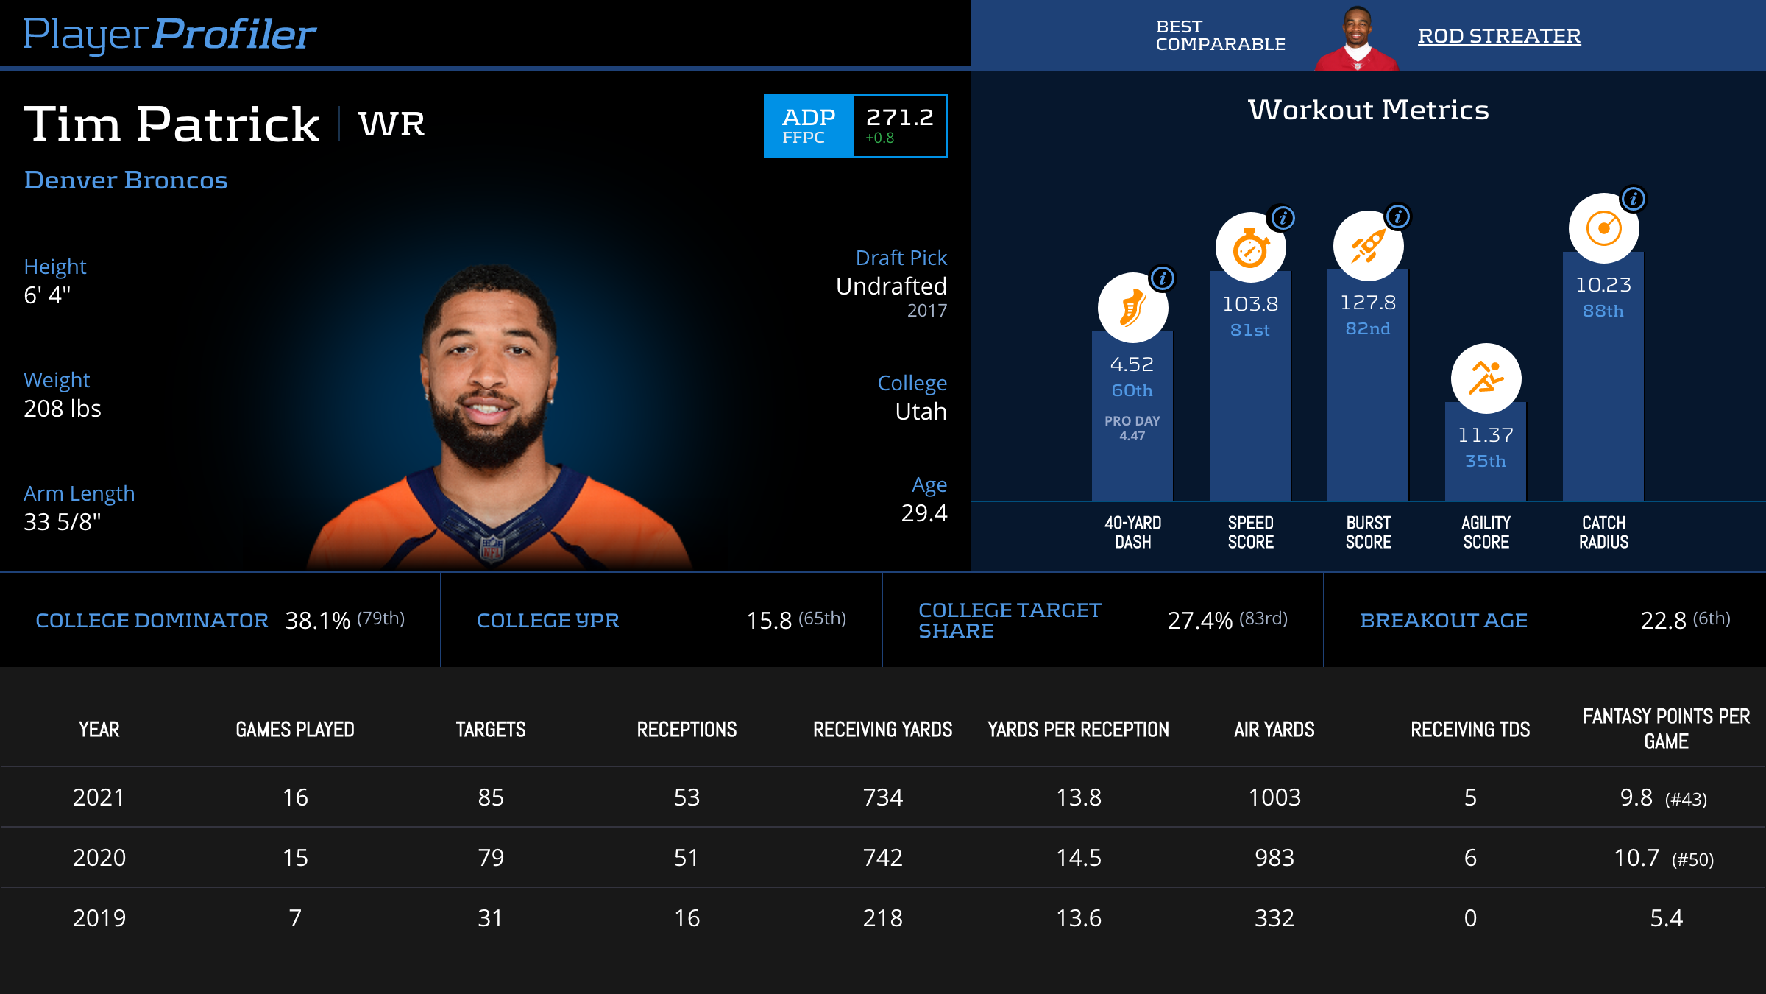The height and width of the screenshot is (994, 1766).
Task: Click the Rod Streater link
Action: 1499,36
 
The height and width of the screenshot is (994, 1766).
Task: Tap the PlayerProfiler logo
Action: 169,34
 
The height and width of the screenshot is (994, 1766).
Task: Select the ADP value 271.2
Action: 899,118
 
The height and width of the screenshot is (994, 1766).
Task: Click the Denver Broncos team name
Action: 126,180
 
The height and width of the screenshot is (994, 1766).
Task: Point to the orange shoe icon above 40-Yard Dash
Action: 1132,308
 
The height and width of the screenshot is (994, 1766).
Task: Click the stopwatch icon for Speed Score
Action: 1250,247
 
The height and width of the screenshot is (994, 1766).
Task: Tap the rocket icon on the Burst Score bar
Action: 1368,246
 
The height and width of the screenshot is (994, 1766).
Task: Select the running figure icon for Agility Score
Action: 1486,378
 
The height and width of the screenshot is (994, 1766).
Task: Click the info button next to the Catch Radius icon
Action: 1634,199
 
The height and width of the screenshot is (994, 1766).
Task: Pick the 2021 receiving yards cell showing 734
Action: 882,797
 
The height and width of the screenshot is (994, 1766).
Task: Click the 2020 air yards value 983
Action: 1274,858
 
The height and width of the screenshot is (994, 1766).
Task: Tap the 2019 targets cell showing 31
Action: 490,918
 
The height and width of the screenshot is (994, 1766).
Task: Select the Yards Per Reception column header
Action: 1078,730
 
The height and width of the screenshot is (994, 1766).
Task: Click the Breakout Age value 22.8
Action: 1663,621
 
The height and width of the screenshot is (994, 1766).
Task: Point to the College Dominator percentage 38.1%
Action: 317,621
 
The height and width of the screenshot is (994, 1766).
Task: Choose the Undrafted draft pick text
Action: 891,286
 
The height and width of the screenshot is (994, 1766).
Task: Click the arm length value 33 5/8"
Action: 63,522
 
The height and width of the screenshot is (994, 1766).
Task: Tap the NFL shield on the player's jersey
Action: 492,549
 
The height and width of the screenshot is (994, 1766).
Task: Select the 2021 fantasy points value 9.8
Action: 1636,797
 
